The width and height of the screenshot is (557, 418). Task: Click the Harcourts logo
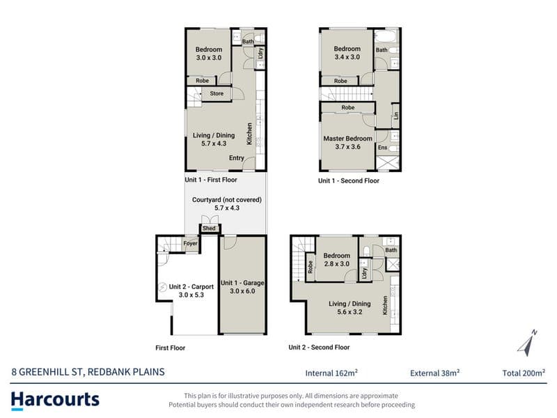click(55, 401)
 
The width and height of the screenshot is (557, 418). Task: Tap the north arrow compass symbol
click(527, 343)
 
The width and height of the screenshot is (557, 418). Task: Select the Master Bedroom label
click(347, 139)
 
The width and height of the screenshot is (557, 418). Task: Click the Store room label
click(217, 93)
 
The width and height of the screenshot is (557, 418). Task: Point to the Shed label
click(209, 229)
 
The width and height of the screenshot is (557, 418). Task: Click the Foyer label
click(190, 243)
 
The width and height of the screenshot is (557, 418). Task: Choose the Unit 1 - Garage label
click(242, 283)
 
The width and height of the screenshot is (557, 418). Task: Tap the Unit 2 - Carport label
click(191, 287)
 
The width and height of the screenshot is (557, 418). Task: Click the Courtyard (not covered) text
click(227, 200)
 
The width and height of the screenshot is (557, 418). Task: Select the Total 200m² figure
click(524, 373)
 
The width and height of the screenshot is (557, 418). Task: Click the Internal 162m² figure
click(331, 373)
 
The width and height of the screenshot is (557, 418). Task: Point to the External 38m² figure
click(434, 373)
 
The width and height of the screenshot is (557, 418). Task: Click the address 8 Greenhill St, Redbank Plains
click(88, 372)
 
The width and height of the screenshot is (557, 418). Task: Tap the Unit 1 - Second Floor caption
click(349, 180)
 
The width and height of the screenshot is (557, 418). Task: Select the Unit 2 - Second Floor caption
click(319, 347)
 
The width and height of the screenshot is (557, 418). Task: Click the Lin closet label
click(396, 116)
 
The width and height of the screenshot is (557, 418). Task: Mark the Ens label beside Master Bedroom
click(382, 148)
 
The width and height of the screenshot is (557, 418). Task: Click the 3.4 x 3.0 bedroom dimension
click(347, 57)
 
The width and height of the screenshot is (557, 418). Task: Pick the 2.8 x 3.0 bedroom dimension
click(336, 264)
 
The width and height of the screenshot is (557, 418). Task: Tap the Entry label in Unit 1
click(237, 158)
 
